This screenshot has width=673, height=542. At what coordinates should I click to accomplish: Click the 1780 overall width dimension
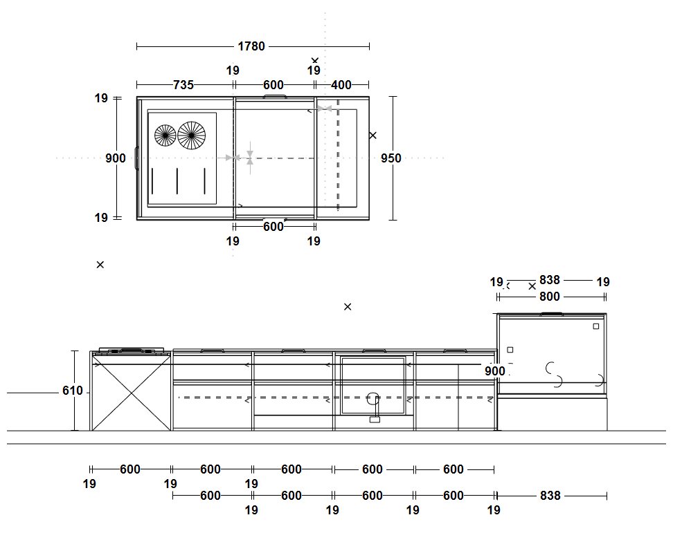pos(251,46)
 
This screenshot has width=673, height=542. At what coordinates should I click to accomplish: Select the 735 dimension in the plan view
pos(183,85)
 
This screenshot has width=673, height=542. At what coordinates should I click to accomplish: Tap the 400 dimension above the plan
pos(341,85)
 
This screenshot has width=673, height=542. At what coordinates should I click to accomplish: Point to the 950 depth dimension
pos(391,158)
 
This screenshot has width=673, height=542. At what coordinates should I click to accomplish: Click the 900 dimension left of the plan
pos(116,158)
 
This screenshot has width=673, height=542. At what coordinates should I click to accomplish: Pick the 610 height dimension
pos(72,391)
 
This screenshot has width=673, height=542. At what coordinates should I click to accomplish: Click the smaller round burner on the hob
pos(165,135)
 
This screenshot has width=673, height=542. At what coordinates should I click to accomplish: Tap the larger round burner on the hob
pos(192,135)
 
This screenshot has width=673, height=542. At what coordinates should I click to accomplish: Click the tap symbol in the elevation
pos(374,404)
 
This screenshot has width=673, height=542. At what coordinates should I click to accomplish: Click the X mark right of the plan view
pos(373,135)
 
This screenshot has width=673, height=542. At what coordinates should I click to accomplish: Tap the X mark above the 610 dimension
pos(100,265)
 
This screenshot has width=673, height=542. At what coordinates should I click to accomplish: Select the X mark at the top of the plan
pos(315,61)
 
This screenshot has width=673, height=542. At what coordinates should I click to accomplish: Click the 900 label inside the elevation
pos(494,371)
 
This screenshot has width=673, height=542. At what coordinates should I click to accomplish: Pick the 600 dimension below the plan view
pos(273,227)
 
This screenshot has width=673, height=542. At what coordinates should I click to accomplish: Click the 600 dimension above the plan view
pos(273,85)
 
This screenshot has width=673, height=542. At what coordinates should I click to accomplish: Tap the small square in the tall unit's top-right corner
pos(595,326)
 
